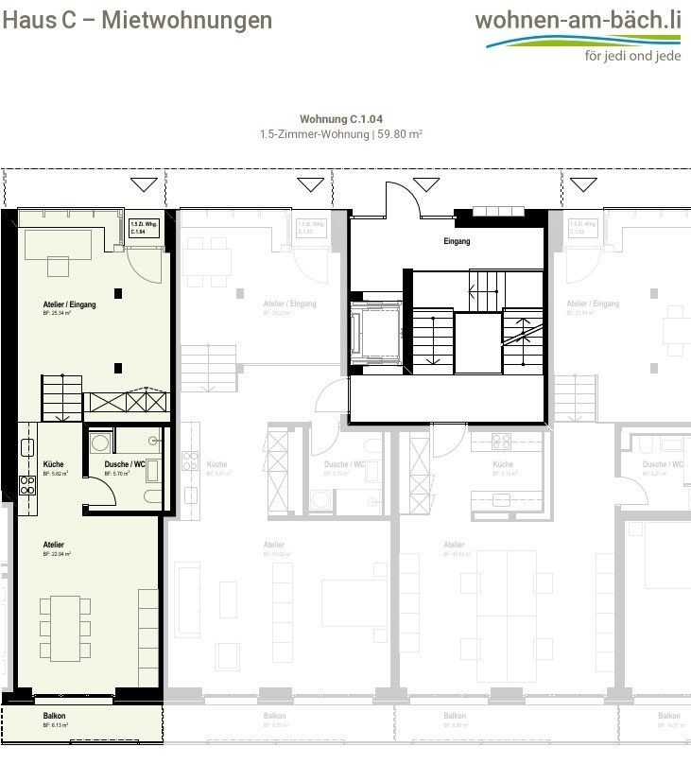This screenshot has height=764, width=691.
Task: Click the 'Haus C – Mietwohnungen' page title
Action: tap(137, 20)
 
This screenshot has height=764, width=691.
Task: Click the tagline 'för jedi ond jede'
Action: tap(632, 55)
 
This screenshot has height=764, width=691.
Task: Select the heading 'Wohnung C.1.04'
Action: tap(341, 119)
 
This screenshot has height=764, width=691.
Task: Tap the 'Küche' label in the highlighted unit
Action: tap(53, 464)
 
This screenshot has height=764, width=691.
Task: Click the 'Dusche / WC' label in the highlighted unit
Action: tap(123, 464)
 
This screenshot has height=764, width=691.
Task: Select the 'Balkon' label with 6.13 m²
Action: tap(55, 717)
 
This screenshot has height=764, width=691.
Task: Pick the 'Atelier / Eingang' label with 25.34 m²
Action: tap(69, 304)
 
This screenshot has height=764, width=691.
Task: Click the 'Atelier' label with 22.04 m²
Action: tap(55, 545)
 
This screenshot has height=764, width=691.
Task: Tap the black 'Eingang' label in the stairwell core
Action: tap(457, 242)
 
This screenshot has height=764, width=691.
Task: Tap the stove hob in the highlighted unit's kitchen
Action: tap(26, 486)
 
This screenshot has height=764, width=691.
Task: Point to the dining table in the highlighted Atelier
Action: tap(64, 628)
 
